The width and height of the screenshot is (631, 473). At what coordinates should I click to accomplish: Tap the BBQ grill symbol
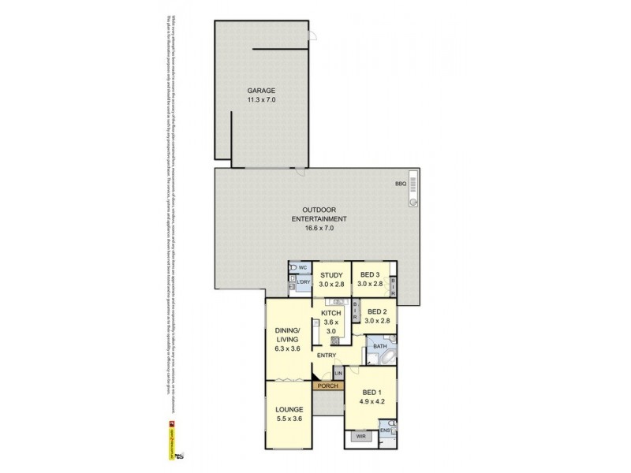(x=413, y=190)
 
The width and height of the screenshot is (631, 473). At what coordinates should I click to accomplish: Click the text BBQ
(x=400, y=184)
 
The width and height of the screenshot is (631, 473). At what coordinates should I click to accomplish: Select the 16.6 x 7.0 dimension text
(x=320, y=228)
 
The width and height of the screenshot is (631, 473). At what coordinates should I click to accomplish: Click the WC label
(x=302, y=267)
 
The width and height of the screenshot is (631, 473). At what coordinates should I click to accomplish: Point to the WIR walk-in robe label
(x=361, y=434)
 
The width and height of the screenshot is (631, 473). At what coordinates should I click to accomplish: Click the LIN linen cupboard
(x=338, y=372)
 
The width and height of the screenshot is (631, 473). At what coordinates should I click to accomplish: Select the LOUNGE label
(x=289, y=410)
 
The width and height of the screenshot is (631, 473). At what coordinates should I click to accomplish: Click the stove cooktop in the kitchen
(x=334, y=341)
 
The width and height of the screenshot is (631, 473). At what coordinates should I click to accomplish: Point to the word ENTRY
(x=327, y=356)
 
